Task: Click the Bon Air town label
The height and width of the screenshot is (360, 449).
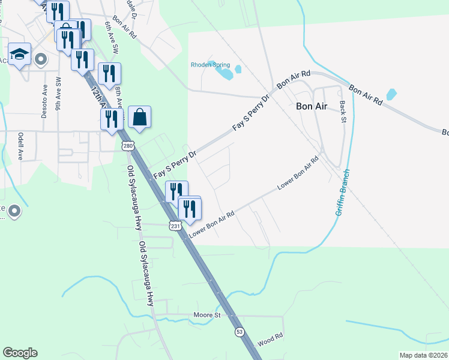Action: (x=312, y=106)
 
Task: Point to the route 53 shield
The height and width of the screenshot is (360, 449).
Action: (x=240, y=331)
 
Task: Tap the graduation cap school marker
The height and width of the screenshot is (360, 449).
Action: (x=20, y=54)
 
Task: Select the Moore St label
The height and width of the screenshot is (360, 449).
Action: (x=208, y=314)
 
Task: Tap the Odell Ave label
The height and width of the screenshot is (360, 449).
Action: (x=20, y=146)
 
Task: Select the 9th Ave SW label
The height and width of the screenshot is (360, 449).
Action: (x=58, y=94)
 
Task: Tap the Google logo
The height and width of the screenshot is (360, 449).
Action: (x=20, y=353)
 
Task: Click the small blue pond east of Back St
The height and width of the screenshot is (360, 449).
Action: (x=391, y=94)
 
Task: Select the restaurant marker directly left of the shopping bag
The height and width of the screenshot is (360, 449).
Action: (x=112, y=119)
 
